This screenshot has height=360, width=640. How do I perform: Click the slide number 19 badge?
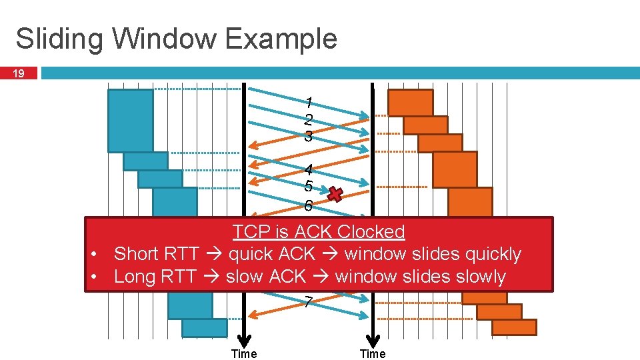pyautogui.click(x=20, y=73)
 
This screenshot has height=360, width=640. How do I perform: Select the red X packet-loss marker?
pyautogui.click(x=336, y=194)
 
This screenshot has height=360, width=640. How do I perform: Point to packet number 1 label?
pyautogui.click(x=308, y=103)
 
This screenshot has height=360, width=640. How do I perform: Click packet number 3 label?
pyautogui.click(x=308, y=137)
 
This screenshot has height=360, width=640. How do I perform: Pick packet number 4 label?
pyautogui.click(x=308, y=171)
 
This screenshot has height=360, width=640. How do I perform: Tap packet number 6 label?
pyautogui.click(x=308, y=205)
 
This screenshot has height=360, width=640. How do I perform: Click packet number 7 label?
pyautogui.click(x=307, y=302)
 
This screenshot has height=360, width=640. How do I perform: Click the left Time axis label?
pyautogui.click(x=243, y=354)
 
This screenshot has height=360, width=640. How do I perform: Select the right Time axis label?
pyautogui.click(x=373, y=354)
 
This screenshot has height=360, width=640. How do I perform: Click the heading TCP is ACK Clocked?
pyautogui.click(x=319, y=232)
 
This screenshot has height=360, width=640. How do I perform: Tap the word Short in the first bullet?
pyautogui.click(x=137, y=254)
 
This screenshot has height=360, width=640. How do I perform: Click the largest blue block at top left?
pyautogui.click(x=131, y=121)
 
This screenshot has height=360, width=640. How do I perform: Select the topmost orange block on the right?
pyautogui.click(x=410, y=103)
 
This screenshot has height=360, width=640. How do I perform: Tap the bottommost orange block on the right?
pyautogui.click(x=514, y=327)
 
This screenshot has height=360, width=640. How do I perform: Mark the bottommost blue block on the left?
pyautogui.click(x=204, y=328)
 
